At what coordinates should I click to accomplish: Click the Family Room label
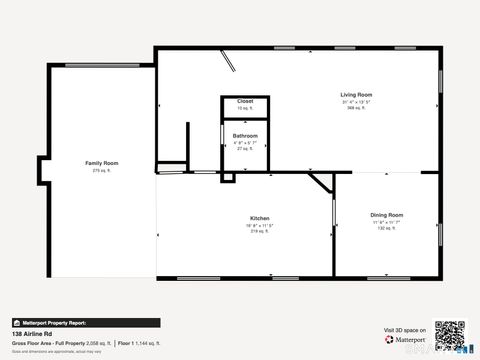[x=102, y=162]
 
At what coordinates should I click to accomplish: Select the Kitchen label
[x=259, y=218]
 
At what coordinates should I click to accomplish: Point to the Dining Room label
[x=387, y=215]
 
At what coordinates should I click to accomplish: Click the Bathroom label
[x=245, y=136]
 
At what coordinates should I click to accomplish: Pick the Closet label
[x=245, y=101]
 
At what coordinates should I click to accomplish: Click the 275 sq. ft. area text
[x=102, y=170]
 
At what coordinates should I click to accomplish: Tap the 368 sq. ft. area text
[x=357, y=108]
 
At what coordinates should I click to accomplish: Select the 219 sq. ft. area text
[x=259, y=231]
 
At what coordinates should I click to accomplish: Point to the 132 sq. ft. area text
[x=387, y=228]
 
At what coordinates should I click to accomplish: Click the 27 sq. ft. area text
[x=245, y=148]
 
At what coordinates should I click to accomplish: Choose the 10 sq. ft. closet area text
[x=245, y=107]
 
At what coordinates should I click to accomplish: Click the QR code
[x=450, y=335]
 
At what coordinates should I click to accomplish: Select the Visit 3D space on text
[x=405, y=329]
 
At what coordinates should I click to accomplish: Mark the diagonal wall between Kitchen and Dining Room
[x=322, y=184]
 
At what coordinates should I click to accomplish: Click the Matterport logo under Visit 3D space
[x=405, y=339]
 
